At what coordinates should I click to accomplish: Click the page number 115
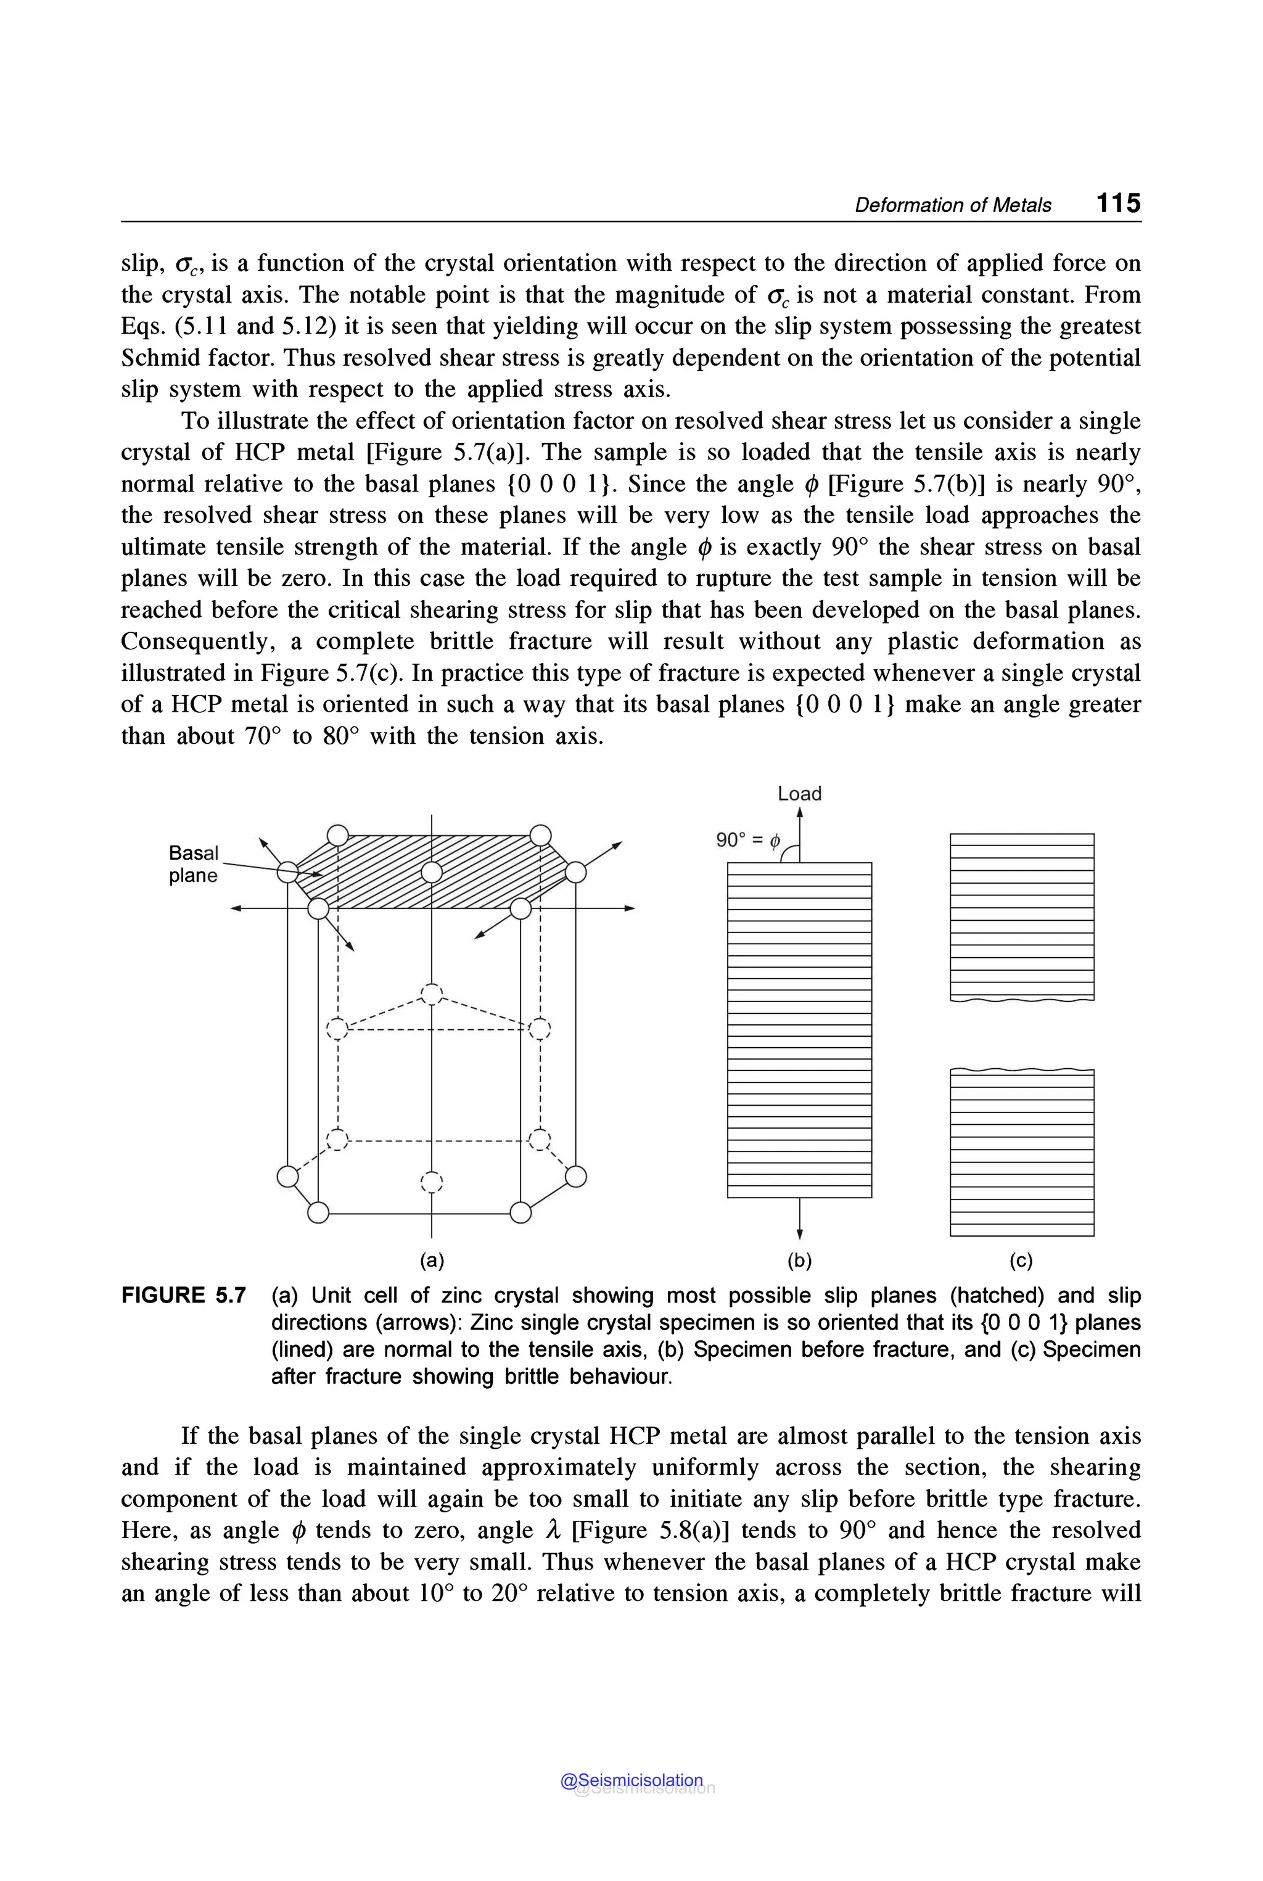(1118, 202)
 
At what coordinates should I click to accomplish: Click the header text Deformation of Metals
(952, 205)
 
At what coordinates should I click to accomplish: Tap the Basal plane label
(193, 865)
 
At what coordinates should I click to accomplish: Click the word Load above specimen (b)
(799, 794)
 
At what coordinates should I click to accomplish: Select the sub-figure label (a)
(432, 1261)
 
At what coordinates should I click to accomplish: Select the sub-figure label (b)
(799, 1261)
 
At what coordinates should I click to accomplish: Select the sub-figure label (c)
(1021, 1261)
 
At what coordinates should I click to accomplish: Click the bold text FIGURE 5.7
(184, 1295)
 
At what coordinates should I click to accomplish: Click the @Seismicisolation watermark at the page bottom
(631, 1780)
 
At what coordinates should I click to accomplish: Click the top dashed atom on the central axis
(432, 995)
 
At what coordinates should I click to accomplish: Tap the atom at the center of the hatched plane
(432, 873)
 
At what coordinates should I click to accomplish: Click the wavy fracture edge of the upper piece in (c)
(1021, 1000)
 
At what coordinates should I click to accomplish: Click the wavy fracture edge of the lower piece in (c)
(1021, 1070)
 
